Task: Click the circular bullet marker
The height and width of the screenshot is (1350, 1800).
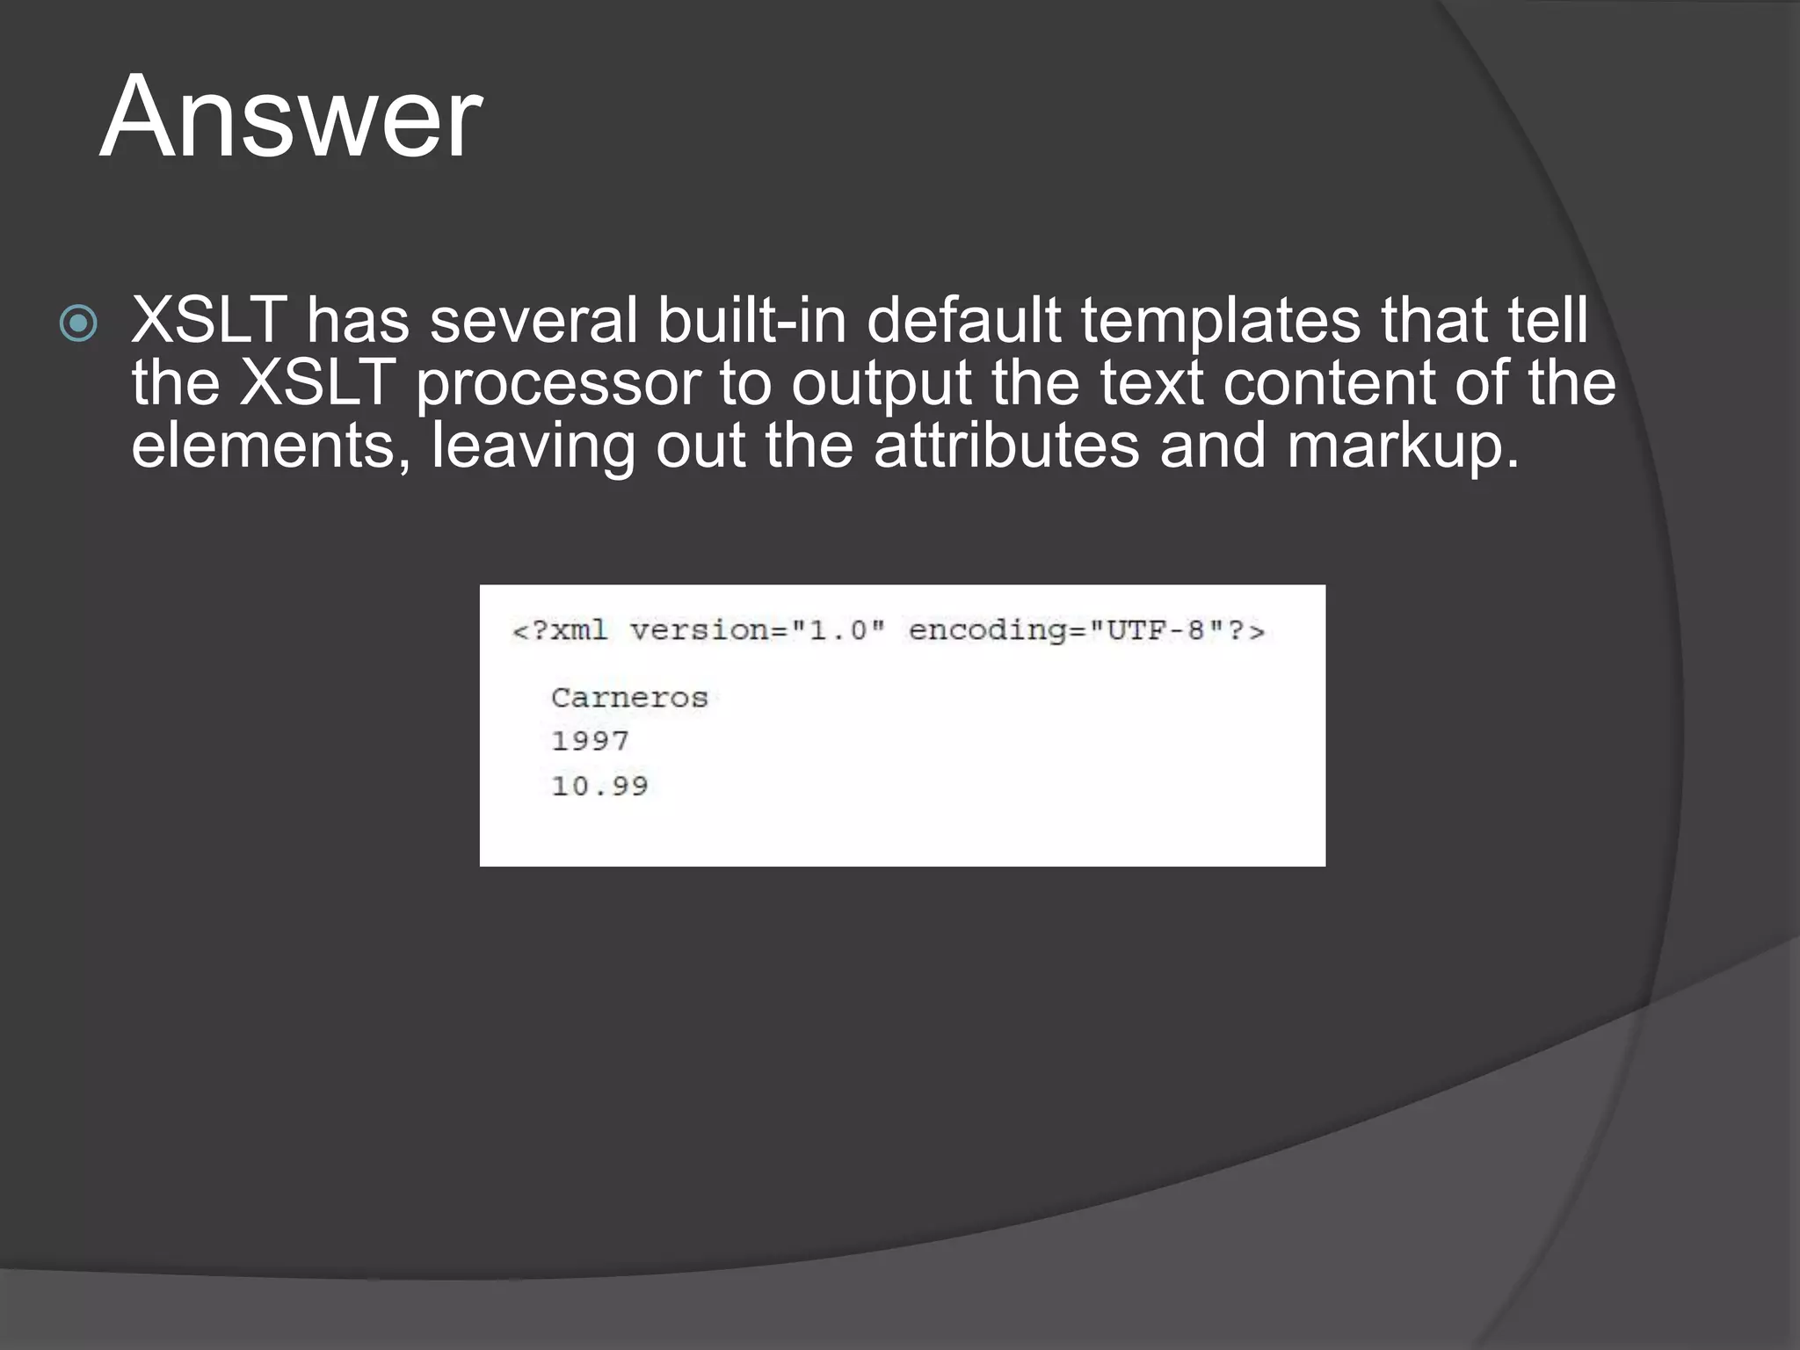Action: click(x=78, y=323)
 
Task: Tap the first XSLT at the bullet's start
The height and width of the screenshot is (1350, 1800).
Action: click(x=209, y=320)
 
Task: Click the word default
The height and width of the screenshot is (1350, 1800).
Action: click(x=963, y=320)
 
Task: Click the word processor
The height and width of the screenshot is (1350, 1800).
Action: click(x=557, y=385)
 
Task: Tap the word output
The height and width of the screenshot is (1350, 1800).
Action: click(x=881, y=385)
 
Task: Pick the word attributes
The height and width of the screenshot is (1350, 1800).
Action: click(x=1005, y=446)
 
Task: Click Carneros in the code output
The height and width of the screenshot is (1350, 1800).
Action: click(x=629, y=698)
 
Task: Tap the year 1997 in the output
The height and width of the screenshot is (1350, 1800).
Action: click(x=590, y=741)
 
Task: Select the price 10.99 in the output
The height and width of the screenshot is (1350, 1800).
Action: click(x=599, y=786)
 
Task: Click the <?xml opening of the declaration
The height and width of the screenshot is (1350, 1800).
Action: click(x=560, y=630)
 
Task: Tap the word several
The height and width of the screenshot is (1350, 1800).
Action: click(x=533, y=320)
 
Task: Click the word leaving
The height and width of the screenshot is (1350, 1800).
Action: click(x=533, y=446)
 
